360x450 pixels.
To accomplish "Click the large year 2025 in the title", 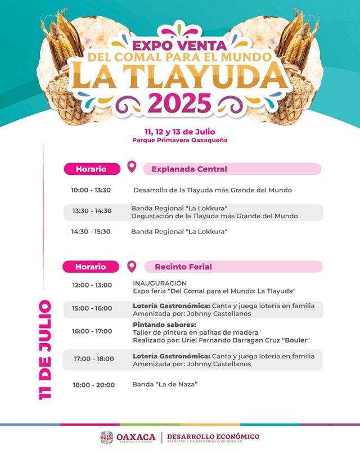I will (180, 102).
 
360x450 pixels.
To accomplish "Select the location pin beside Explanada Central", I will (132, 167).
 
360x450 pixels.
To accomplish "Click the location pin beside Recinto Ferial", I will (132, 266).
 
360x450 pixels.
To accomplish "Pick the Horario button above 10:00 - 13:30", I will (91, 169).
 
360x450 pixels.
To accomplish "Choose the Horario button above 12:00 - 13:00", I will (91, 267).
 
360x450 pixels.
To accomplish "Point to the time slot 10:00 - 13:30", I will (91, 190).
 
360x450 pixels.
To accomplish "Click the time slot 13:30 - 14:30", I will (92, 211).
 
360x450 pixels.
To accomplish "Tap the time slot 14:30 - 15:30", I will (91, 231).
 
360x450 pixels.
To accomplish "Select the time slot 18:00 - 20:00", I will (93, 385).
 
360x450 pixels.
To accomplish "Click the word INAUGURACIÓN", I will (160, 283).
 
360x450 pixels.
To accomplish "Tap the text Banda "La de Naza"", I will (165, 384).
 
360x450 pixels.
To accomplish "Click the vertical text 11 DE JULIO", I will (45, 350).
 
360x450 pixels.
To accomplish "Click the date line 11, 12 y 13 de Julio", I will (180, 132).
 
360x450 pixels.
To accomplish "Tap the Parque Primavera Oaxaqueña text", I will (180, 140).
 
